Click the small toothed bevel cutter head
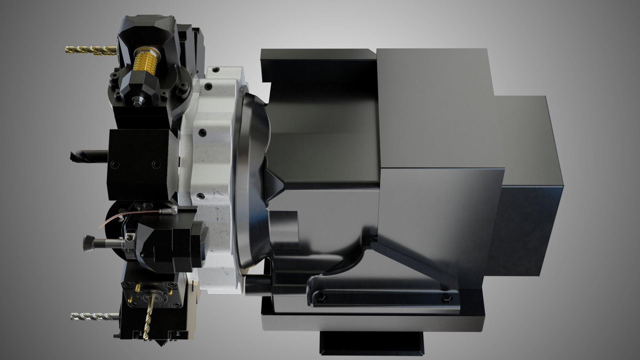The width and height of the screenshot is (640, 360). pyautogui.click(x=87, y=243)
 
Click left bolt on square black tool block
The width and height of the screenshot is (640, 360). pyautogui.click(x=115, y=164)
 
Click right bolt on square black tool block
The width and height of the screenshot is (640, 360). pyautogui.click(x=154, y=164)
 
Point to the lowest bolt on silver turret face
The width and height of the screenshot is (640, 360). pyautogui.click(x=199, y=196)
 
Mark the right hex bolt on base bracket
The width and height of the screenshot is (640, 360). pyautogui.click(x=447, y=299)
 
